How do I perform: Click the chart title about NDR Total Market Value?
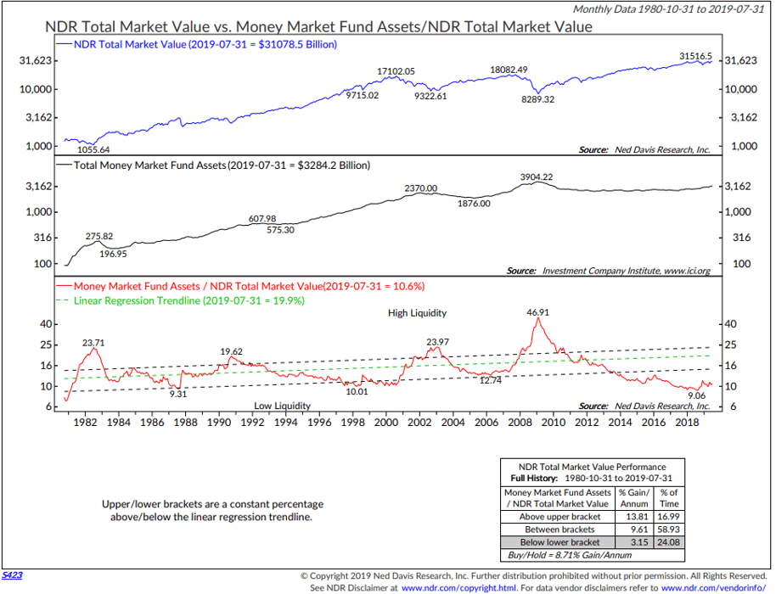pos(318,27)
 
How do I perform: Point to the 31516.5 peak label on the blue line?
pos(695,56)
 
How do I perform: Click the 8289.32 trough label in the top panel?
pos(537,99)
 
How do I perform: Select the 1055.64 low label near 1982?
pos(94,149)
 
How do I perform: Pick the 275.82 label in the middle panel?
pos(104,235)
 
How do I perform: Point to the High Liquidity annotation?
pos(417,313)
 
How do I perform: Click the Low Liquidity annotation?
pos(282,406)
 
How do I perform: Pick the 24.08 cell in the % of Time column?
pos(669,541)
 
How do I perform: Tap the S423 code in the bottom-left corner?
pos(12,574)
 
